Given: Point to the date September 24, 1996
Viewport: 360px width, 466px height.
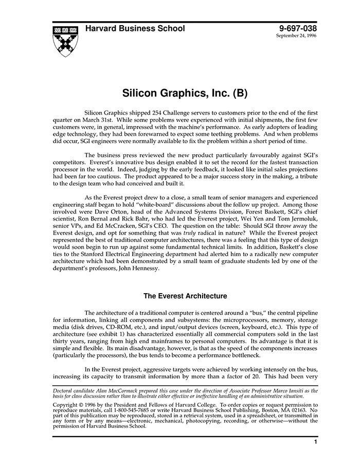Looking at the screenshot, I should point(296,37).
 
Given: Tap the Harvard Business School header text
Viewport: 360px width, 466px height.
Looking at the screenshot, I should point(135,29).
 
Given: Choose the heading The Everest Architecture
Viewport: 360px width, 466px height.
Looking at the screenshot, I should point(185,296).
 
